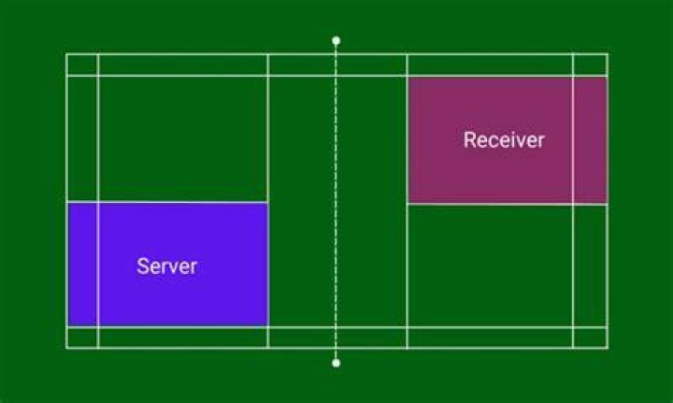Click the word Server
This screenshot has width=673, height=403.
coord(166,266)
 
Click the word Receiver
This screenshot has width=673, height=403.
coord(504,140)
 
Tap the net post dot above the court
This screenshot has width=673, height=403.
coord(336,41)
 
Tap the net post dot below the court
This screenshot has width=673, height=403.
coord(336,363)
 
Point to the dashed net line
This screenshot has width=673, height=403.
coord(336,202)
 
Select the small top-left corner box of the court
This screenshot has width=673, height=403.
coord(82,65)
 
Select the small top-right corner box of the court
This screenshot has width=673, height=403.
coord(590,65)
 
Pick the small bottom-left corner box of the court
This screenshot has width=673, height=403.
coord(82,338)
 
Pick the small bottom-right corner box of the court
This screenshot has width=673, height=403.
coord(590,338)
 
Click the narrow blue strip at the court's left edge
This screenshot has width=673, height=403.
coord(82,265)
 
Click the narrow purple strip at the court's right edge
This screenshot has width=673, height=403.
coord(590,140)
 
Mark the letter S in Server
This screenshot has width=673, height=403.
coord(142,266)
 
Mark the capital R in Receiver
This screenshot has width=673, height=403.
coord(469,140)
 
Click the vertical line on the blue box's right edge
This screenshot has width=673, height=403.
coord(268,265)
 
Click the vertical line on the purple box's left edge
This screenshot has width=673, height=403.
coord(408,140)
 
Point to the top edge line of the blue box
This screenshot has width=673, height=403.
coord(168,202)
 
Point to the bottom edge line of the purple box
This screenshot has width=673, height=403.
coord(508,204)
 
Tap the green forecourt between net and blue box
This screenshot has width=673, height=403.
coord(302,265)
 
